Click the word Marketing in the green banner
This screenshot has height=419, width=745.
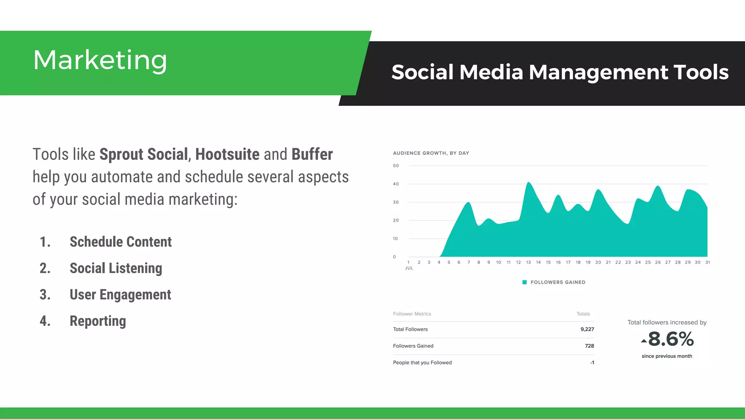pos(100,60)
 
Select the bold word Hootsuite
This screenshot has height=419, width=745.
pos(227,154)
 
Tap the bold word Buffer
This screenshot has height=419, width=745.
pos(312,154)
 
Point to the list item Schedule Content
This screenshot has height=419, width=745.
pos(120,242)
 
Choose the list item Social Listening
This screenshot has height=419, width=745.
pos(116,268)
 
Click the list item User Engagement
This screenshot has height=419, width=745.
pos(120,295)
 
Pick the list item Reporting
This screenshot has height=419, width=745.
pos(97,321)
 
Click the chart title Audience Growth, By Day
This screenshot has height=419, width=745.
pos(431,153)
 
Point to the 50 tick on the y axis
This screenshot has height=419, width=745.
pos(396,166)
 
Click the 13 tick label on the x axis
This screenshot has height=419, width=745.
pos(528,262)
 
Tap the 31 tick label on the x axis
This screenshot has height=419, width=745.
pos(708,262)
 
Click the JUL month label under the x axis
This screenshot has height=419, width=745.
pos(409,268)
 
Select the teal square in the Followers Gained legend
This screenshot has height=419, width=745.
pos(525,282)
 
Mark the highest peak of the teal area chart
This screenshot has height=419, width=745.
pos(529,183)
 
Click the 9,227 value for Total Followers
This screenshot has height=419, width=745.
pos(587,329)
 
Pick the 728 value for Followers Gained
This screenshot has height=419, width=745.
pos(589,346)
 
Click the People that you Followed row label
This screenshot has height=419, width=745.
pos(422,363)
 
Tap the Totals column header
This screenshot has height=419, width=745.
pos(583,314)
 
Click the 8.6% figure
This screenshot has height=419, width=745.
pos(671,339)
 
